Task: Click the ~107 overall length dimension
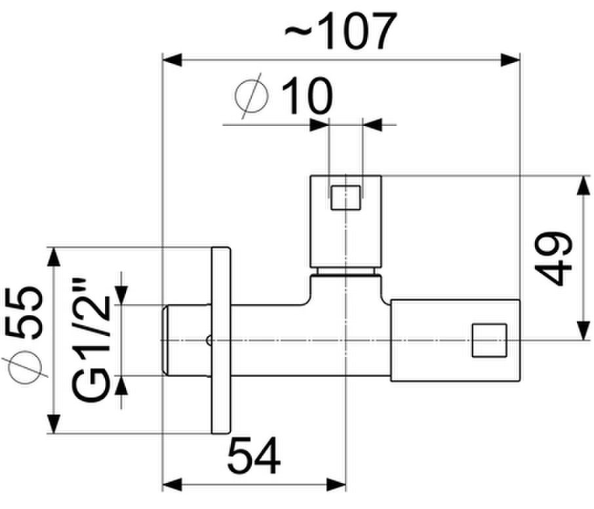[x=341, y=30]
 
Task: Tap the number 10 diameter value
[x=307, y=96]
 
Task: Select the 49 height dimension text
[x=553, y=258]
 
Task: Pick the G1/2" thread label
[x=91, y=340]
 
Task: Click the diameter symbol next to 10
[x=252, y=96]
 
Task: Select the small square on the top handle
[x=346, y=197]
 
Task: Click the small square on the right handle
[x=490, y=340]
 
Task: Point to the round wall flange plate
[x=221, y=340]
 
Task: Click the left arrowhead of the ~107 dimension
[x=172, y=60]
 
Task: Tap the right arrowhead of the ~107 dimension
[x=510, y=60]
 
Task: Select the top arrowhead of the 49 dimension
[x=584, y=186]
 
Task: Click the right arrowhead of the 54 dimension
[x=336, y=484]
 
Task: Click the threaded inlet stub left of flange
[x=186, y=340]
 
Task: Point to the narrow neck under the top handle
[x=346, y=272]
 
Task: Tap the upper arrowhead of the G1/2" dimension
[x=121, y=295]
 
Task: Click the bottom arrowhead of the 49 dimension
[x=584, y=331]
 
